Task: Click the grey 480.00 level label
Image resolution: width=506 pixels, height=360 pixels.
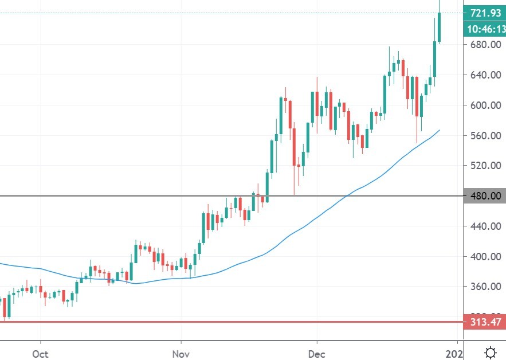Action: click(484, 196)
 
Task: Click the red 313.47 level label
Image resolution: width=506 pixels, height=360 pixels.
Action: click(484, 322)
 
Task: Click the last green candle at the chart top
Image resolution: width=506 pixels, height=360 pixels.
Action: click(440, 27)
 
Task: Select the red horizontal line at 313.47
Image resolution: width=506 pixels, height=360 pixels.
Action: click(229, 322)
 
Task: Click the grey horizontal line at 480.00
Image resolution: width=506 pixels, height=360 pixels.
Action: click(172, 196)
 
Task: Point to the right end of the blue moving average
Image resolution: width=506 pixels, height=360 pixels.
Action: click(439, 131)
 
